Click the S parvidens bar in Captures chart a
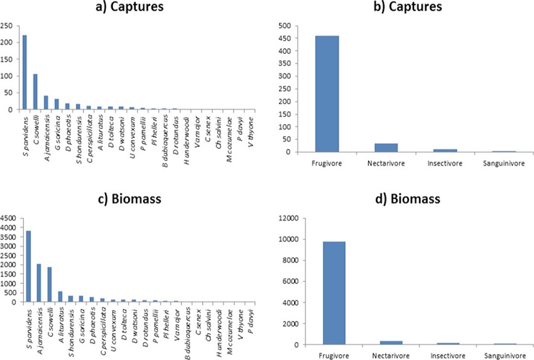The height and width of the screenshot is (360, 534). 25,72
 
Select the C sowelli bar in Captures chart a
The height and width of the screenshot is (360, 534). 35,92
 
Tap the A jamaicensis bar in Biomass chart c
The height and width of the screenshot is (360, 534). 39,283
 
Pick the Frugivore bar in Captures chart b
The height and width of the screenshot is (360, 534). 327,94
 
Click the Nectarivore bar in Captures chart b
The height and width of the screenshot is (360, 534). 386,148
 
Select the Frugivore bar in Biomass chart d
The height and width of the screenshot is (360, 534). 333,293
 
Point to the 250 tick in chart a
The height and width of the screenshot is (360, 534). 7,26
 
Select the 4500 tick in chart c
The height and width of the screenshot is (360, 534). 9,219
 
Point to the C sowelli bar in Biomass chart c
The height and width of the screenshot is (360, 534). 50,285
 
